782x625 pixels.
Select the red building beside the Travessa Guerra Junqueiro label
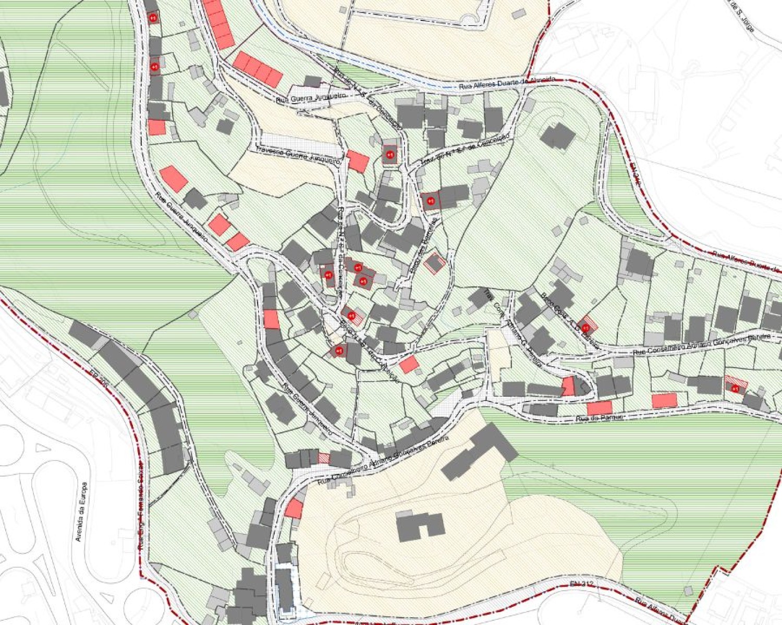pos(358,161)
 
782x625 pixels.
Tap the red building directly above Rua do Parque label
pos(599,408)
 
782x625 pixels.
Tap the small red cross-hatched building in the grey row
pos(324,458)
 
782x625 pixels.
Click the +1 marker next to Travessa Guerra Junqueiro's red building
pos(389,155)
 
